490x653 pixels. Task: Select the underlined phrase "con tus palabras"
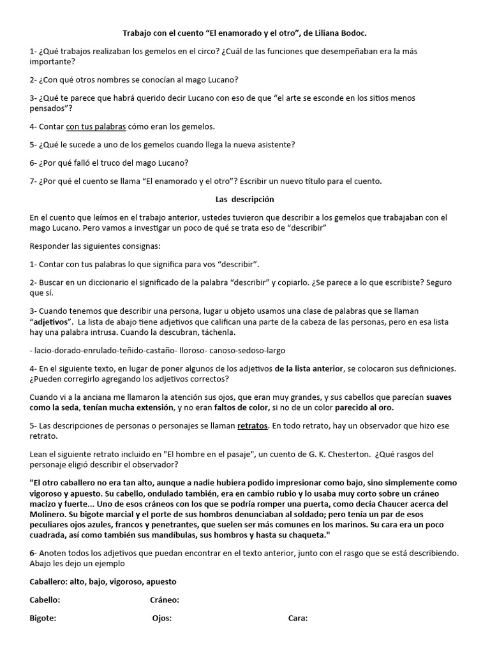click(x=96, y=126)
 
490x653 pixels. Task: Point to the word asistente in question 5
click(x=276, y=144)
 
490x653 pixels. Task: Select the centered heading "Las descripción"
click(x=244, y=199)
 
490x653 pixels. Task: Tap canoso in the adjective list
click(x=218, y=350)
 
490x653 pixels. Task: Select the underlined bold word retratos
click(x=252, y=425)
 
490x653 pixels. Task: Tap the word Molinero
click(x=51, y=514)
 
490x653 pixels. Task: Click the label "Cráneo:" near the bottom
click(x=165, y=599)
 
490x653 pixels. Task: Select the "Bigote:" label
click(x=43, y=618)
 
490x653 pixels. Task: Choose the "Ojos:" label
click(x=162, y=618)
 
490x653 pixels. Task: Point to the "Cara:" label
click(x=298, y=618)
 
